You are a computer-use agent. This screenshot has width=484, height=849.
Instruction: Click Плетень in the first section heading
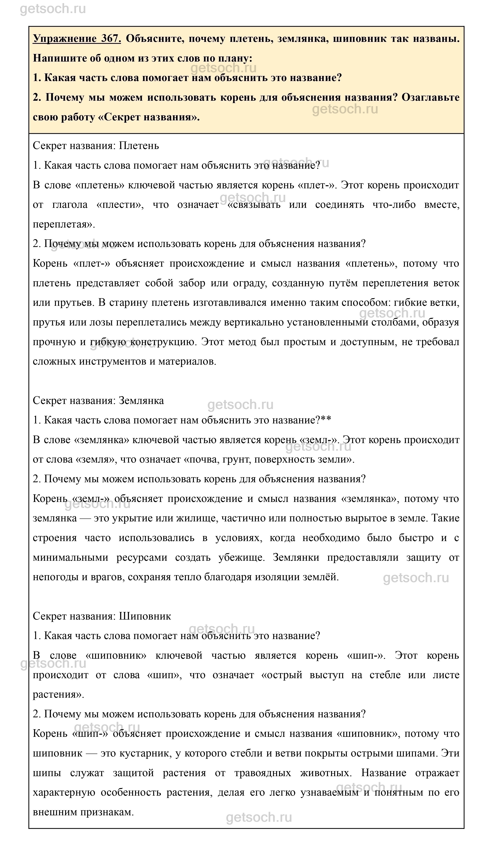click(139, 145)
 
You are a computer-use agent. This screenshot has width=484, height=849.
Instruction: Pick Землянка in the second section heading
click(141, 401)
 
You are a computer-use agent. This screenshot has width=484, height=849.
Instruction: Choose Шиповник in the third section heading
click(145, 616)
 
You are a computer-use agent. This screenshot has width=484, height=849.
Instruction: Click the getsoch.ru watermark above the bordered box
click(53, 9)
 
